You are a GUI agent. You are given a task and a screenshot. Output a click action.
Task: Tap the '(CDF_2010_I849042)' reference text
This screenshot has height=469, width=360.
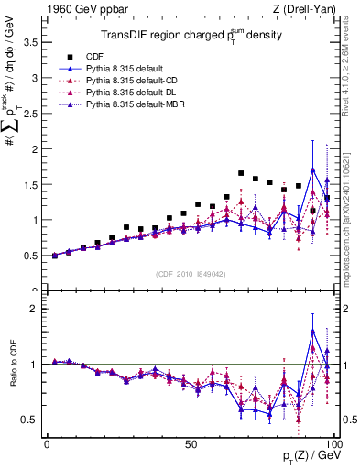click(x=190, y=274)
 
